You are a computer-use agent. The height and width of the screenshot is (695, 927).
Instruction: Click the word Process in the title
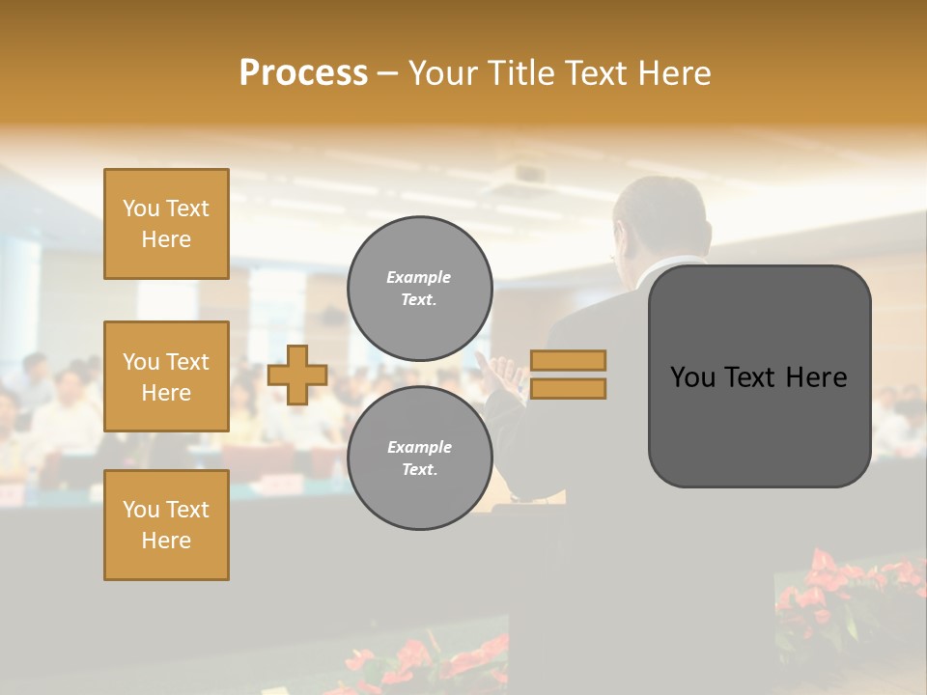303,73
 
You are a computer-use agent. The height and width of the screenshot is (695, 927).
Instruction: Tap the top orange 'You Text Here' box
166,224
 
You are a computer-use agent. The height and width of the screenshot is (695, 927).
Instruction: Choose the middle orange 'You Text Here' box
166,376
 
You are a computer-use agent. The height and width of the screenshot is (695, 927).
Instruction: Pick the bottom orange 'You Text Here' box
166,525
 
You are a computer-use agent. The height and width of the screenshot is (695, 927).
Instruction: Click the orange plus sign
297,375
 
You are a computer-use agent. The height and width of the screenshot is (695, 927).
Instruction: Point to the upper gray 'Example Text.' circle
419,288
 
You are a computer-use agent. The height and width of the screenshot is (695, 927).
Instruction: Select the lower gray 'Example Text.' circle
419,459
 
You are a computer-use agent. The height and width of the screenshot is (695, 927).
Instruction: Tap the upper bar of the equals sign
568,360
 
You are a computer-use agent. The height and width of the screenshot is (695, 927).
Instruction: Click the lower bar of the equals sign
568,388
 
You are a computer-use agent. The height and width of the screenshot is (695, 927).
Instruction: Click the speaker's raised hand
499,375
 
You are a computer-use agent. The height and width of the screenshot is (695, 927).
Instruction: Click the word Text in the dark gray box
759,377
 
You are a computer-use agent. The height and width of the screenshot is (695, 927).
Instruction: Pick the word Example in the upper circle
419,277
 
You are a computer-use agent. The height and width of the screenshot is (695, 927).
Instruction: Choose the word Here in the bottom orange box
166,541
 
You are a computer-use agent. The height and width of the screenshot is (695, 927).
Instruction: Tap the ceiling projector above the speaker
528,174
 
